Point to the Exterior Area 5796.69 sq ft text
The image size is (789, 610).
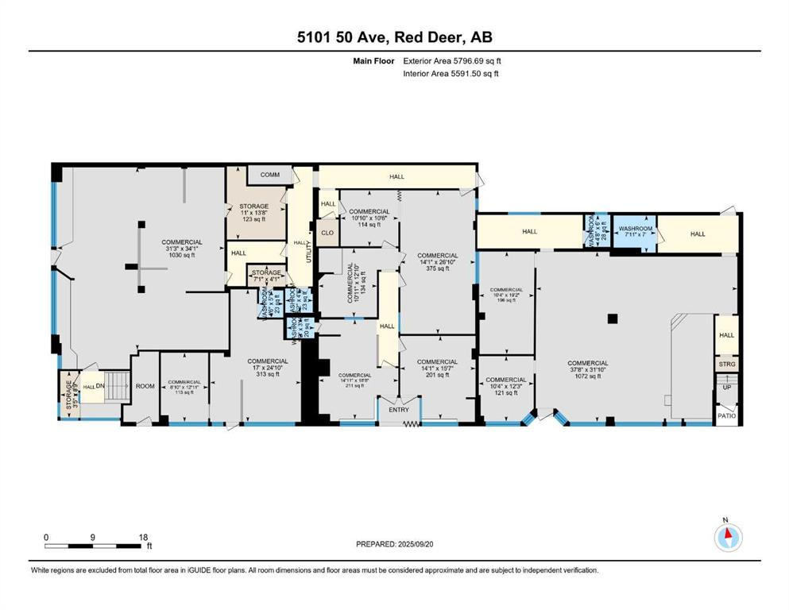click(x=452, y=60)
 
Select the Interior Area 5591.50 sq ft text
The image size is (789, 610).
click(x=451, y=74)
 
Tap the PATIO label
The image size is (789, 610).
click(x=726, y=415)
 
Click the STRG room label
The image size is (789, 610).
click(x=726, y=364)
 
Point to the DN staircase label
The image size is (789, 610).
click(x=100, y=386)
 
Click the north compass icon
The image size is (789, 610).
click(x=727, y=538)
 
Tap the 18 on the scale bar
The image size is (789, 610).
click(x=144, y=537)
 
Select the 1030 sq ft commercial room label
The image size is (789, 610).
click(x=181, y=248)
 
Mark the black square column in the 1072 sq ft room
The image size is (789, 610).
click(x=611, y=319)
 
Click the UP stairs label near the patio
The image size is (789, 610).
click(x=726, y=388)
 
